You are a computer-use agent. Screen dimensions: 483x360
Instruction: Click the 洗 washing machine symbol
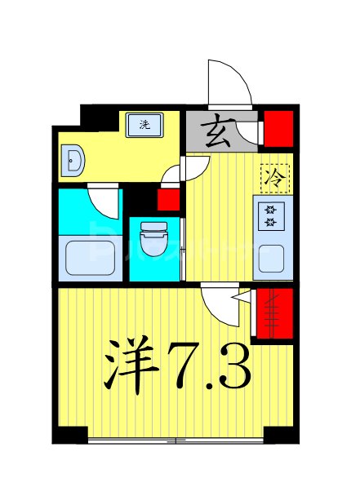pyautogui.click(x=144, y=125)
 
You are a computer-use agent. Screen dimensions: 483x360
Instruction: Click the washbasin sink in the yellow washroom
pyautogui.click(x=73, y=162)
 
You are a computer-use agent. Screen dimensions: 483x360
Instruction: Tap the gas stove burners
pyautogui.click(x=271, y=216)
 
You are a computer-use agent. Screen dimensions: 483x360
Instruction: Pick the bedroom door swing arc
pyautogui.click(x=220, y=304)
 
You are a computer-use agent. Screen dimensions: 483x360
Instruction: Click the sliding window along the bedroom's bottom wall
pyautogui.click(x=176, y=441)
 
